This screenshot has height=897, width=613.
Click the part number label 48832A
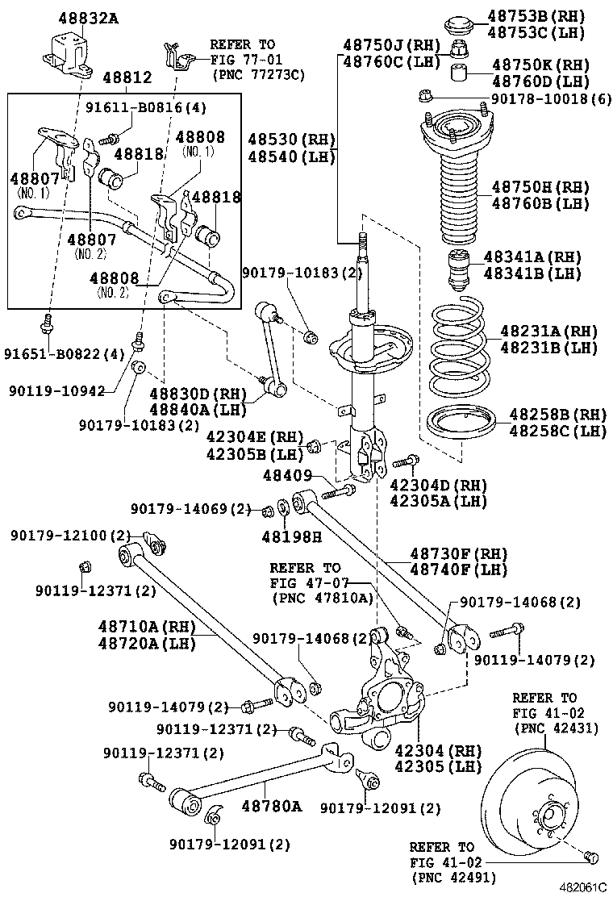pos(87,17)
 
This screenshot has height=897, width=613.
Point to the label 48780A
pos(272,806)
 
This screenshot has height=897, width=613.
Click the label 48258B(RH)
pos(557,415)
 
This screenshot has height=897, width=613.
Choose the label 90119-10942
pos(57,390)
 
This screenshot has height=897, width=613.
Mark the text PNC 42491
pos(453,878)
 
